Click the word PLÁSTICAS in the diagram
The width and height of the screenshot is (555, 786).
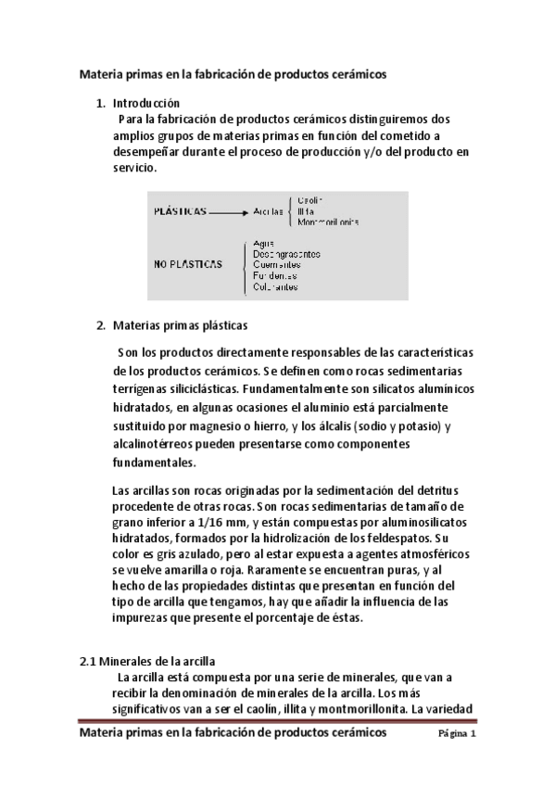[x=180, y=211]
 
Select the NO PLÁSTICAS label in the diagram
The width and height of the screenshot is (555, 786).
[x=188, y=264]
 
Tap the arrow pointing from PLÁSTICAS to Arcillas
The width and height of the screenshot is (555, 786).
[x=228, y=212]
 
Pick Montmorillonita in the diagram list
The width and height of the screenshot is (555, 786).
[x=329, y=222]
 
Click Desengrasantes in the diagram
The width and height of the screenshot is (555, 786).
[x=287, y=253]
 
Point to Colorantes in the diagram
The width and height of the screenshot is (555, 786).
[x=276, y=287]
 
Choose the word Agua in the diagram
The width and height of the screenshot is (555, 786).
[x=264, y=242]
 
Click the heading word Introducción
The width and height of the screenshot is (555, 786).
[x=146, y=103]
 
